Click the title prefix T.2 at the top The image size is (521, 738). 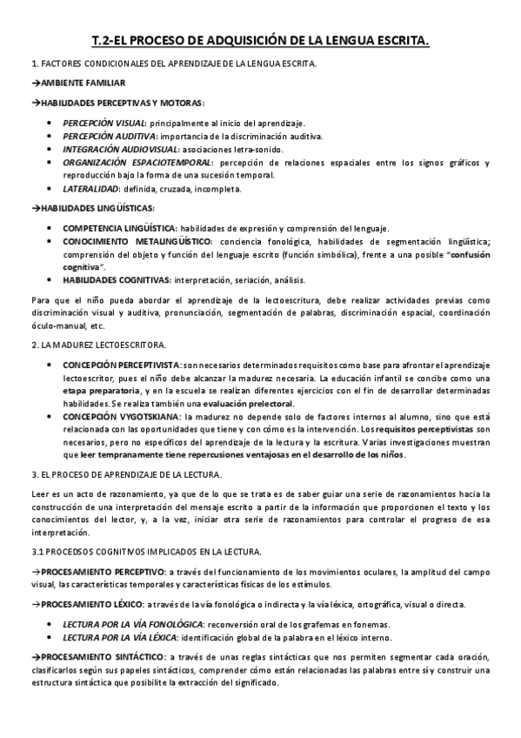(x=103, y=40)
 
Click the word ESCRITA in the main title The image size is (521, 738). (x=400, y=40)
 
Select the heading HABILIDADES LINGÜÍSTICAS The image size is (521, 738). (x=97, y=208)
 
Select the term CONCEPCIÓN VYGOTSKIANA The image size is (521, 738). (x=121, y=418)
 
